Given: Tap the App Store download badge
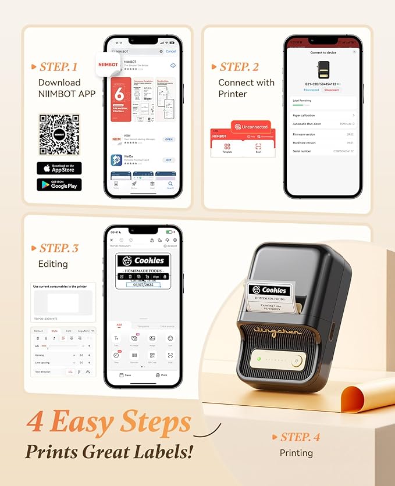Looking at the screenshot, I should coord(59,169).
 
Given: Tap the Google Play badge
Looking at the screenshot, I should coord(59,185).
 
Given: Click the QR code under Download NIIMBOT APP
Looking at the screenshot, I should coord(59,134).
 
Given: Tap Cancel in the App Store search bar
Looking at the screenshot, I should coord(170,51).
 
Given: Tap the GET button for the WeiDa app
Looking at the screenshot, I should coord(169,160).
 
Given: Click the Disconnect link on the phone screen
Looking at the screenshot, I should coord(331,90).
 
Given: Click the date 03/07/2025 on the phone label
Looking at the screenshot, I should coord(143,284).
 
